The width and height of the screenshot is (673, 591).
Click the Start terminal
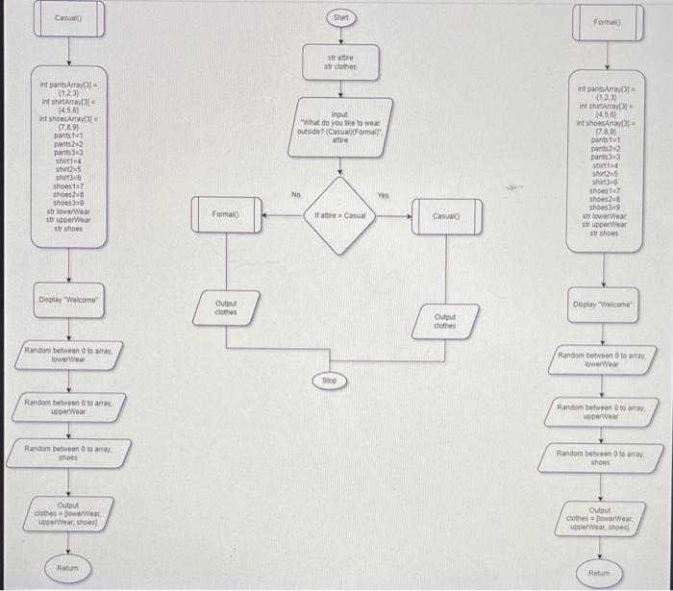341,18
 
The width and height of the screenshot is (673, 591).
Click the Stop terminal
329,381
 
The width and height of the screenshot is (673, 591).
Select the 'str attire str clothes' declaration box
341,63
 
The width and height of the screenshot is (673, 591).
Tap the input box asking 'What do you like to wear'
340,127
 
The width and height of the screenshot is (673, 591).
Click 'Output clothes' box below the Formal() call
226,308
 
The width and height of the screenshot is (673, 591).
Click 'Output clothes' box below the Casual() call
445,321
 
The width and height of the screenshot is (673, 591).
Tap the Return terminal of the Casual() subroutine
67,568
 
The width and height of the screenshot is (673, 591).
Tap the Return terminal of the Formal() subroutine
600,574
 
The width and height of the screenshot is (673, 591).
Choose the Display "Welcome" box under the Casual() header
67,301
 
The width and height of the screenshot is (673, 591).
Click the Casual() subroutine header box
67,19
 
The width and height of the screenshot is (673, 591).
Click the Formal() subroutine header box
608,21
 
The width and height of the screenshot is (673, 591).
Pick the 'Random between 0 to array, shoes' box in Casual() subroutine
67,453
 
